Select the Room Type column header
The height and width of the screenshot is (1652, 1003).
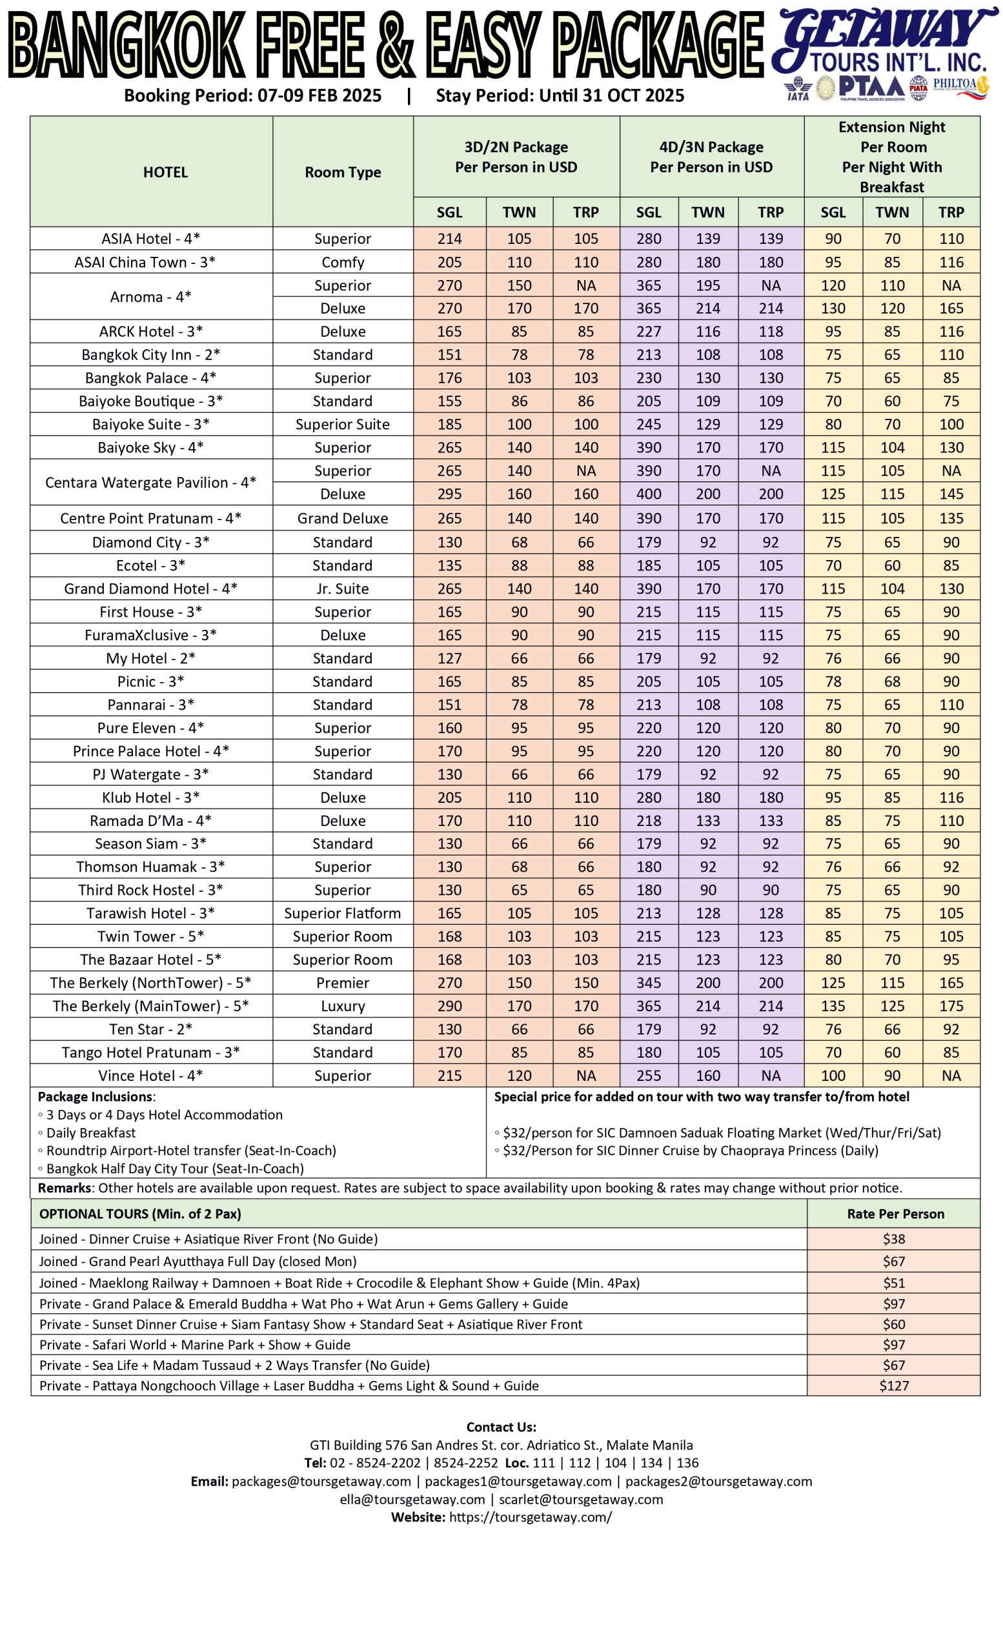click(343, 172)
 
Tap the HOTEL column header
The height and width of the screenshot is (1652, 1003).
click(165, 172)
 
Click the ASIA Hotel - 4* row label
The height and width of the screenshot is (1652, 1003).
click(151, 239)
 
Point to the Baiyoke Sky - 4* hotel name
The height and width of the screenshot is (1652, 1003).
click(151, 447)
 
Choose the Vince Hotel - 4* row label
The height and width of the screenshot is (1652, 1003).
click(151, 1075)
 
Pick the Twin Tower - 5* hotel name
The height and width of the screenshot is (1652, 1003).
click(151, 936)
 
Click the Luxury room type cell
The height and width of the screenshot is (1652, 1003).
click(343, 1005)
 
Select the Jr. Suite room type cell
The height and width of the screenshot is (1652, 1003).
click(343, 589)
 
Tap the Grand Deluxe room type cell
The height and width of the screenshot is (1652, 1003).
click(343, 518)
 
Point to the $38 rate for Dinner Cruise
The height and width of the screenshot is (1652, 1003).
click(894, 1239)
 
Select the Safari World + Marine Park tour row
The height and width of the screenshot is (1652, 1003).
click(195, 1344)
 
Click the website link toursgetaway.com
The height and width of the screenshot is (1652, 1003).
click(530, 1516)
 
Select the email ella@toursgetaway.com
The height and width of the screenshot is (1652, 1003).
click(412, 1499)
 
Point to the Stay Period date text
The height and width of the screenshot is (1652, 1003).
click(560, 96)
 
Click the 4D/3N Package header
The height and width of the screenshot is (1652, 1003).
click(711, 157)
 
